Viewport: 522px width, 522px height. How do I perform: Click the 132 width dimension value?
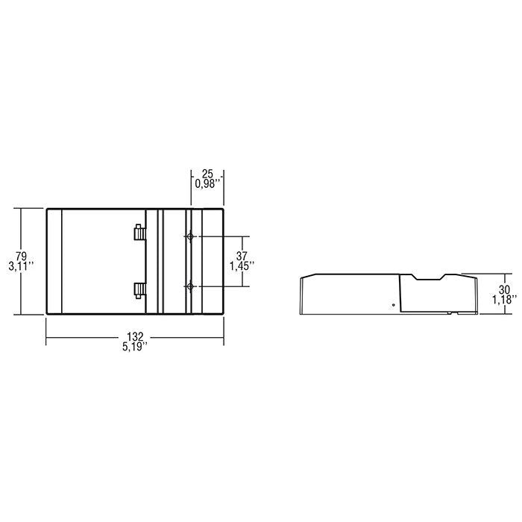click(135, 336)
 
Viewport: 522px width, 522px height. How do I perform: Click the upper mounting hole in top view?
click(192, 237)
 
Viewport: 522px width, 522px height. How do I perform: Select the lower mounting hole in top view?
click(192, 286)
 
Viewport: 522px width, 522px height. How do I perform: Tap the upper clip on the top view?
click(139, 232)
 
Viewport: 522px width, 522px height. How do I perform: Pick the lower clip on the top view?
click(139, 289)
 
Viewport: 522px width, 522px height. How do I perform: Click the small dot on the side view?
click(393, 305)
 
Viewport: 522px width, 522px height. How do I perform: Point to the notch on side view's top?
click(428, 279)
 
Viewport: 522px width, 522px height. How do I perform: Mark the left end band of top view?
click(54, 261)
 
